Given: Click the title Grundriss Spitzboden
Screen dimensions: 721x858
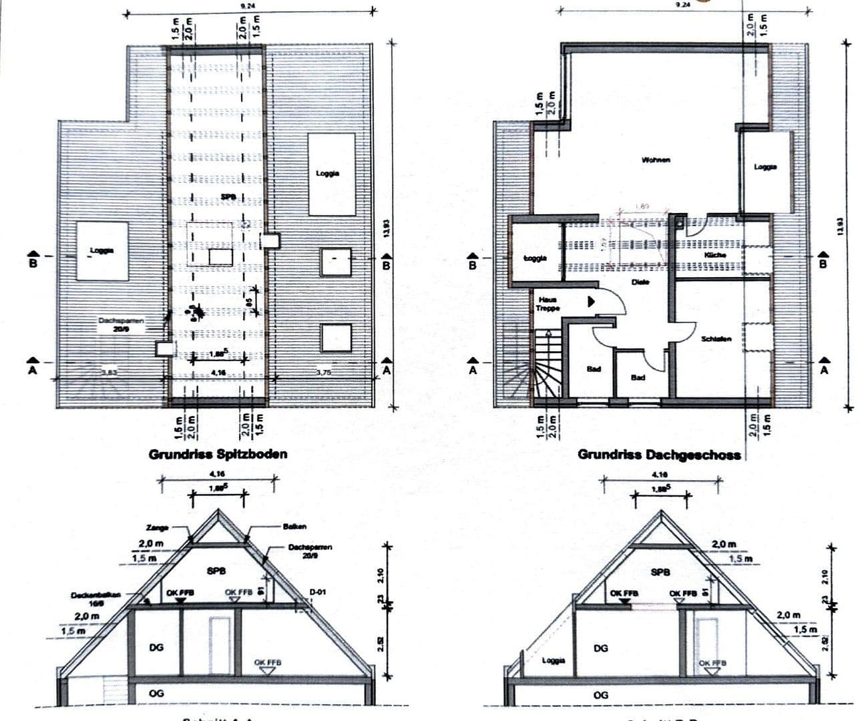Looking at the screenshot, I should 218,454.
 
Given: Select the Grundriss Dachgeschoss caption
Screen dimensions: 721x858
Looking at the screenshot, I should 658,455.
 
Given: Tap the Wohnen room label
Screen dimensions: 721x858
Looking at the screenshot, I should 655,160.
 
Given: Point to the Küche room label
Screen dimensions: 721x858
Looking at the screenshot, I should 714,255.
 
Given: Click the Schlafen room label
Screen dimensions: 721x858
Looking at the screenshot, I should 716,339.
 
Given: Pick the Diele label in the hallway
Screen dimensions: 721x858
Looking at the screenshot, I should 640,282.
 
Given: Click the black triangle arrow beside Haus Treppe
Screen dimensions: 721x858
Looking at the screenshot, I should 591,302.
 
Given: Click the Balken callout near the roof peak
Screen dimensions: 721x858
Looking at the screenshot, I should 294,527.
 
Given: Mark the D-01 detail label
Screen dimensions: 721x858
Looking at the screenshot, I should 318,591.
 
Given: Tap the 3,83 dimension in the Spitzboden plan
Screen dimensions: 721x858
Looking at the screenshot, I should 108,373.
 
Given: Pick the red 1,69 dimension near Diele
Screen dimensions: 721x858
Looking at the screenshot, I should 643,207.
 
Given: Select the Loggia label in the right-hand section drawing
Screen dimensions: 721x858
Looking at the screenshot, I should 553,660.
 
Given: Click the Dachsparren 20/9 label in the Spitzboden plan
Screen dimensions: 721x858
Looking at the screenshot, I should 121,324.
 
